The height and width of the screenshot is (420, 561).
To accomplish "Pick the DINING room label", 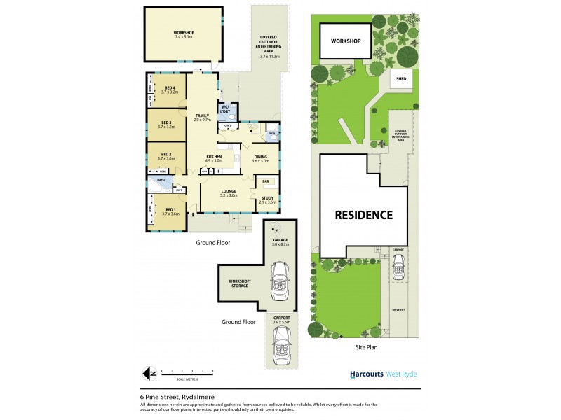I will [260, 158].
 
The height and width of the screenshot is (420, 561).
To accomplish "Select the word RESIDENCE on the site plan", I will [363, 215].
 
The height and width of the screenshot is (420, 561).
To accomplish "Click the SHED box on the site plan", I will [401, 79].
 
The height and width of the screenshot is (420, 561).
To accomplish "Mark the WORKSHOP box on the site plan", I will [346, 41].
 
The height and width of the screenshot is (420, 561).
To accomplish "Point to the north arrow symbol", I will [147, 374].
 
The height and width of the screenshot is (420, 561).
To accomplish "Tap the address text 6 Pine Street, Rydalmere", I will [177, 397].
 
